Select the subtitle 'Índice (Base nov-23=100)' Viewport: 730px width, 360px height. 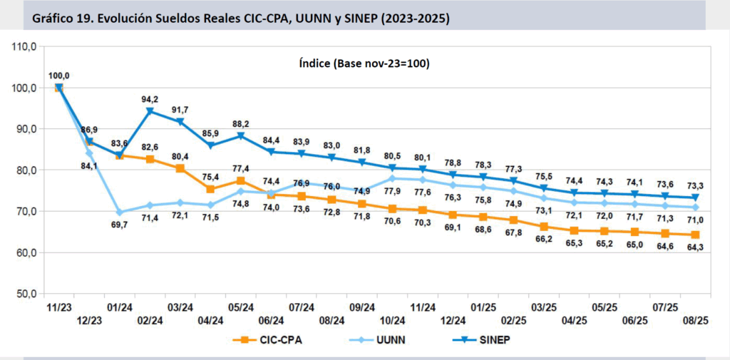coord(364,63)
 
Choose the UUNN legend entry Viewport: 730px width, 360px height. coord(381,340)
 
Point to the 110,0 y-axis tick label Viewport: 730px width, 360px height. coord(24,47)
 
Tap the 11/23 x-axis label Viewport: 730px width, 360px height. coord(58,307)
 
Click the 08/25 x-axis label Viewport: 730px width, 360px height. coord(696,321)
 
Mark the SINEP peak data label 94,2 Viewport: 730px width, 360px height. coord(150,99)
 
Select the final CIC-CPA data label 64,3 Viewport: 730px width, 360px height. coord(696,247)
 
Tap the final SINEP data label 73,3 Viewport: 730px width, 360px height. coord(696,185)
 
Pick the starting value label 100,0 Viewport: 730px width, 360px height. coord(58,76)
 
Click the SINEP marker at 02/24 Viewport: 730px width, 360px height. coord(150,111)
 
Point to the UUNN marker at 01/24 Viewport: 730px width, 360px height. coord(119,212)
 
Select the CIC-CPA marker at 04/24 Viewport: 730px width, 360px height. coord(211,189)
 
